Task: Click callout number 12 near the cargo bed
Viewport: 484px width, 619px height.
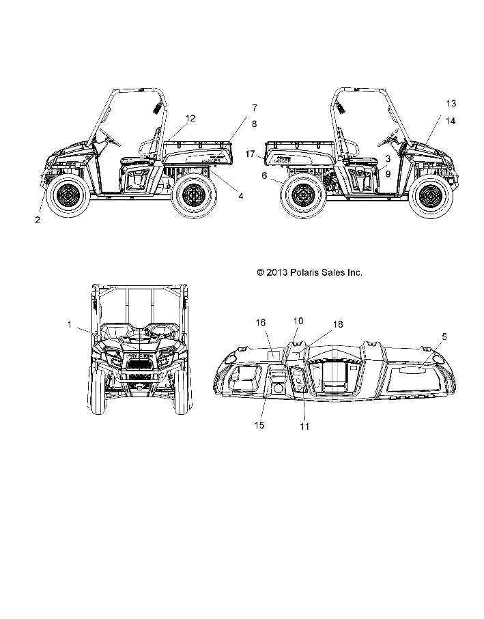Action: [x=190, y=118]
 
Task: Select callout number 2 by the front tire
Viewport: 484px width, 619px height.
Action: [x=38, y=220]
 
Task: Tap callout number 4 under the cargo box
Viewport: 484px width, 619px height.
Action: [x=240, y=197]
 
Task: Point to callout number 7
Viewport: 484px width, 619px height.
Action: [x=254, y=108]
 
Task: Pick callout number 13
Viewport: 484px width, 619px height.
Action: [x=451, y=103]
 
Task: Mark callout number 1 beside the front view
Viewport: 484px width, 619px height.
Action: [x=70, y=325]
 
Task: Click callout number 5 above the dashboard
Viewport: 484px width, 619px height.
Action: [x=444, y=336]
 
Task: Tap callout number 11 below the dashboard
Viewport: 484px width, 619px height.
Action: [x=304, y=427]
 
